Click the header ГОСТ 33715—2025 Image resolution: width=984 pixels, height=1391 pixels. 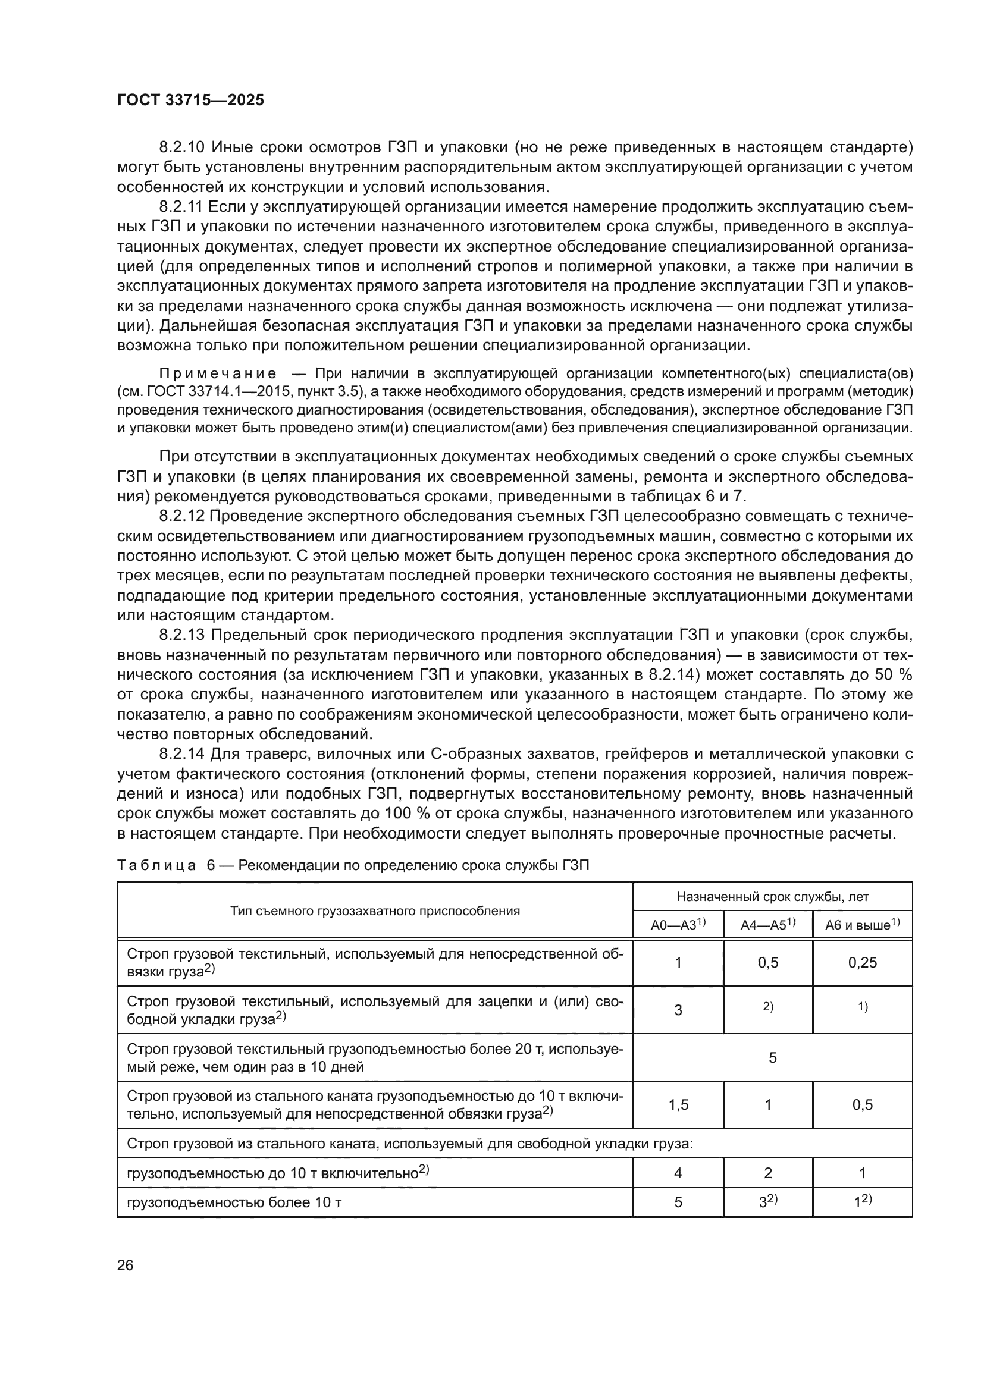coord(190,101)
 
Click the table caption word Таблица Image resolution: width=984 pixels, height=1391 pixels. coord(156,865)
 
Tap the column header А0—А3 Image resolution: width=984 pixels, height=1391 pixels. coord(678,925)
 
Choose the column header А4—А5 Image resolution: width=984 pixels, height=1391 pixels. coord(767,925)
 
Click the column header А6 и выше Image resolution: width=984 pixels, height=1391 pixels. coord(862,925)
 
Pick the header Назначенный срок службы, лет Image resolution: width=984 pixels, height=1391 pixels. coord(773,897)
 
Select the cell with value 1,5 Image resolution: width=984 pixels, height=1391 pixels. coord(678,1104)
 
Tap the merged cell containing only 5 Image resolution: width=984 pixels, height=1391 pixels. coord(773,1057)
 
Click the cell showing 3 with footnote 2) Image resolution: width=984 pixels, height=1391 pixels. coord(767,1201)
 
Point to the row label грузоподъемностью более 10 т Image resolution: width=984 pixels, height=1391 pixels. coord(234,1202)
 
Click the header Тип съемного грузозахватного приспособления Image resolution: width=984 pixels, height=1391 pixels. coord(375,910)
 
